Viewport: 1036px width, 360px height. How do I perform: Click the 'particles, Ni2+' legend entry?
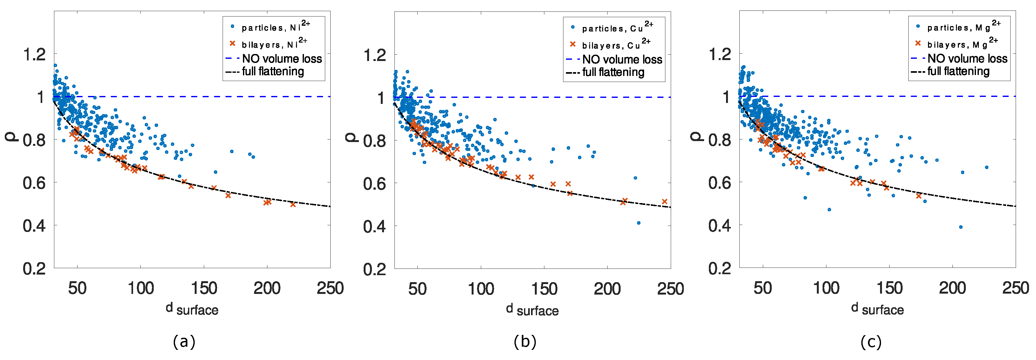click(x=275, y=27)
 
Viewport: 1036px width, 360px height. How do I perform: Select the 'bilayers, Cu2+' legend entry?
click(x=615, y=45)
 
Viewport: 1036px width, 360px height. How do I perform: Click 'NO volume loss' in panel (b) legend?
click(x=622, y=59)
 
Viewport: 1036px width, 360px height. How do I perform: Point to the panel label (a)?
click(x=184, y=342)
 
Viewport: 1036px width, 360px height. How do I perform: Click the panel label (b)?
click(x=525, y=342)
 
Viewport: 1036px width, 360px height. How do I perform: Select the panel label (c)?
click(x=871, y=342)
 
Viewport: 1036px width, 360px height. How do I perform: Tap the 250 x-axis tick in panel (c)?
click(x=1015, y=288)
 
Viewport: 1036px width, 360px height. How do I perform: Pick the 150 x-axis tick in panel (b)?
click(x=544, y=289)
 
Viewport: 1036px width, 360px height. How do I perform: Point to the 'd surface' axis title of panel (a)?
click(x=192, y=309)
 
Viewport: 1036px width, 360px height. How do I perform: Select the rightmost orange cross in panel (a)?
click(x=293, y=204)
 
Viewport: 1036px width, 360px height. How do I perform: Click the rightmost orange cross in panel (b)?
click(x=664, y=201)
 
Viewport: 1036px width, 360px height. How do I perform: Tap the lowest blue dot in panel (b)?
click(x=639, y=223)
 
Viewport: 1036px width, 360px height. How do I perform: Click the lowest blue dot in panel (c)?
click(x=961, y=227)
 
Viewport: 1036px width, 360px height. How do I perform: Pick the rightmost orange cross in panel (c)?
click(x=918, y=196)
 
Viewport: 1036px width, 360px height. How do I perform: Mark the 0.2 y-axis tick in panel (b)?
click(x=374, y=269)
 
